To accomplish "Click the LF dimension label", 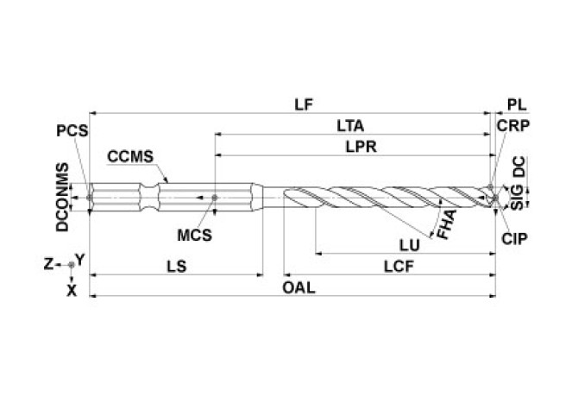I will pos(301,104).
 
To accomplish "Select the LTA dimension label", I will pos(349,126).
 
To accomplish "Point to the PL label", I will pos(517,104).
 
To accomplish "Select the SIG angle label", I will pos(517,203).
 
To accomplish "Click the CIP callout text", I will pos(514,236).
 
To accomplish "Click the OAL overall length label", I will pos(298,287).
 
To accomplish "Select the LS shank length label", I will pos(177,267).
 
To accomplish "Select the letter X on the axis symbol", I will pos(72,291).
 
